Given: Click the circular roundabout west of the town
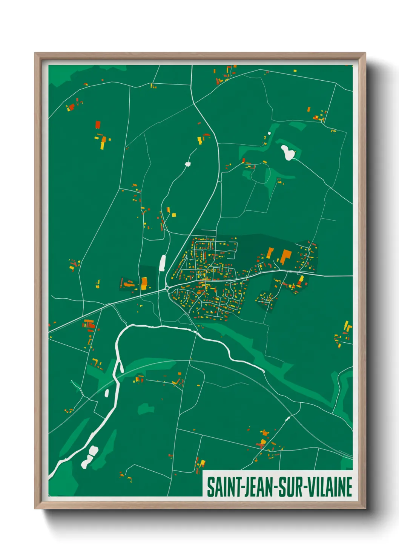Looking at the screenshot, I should pos(167,288).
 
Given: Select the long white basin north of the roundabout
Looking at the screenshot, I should pos(163,263).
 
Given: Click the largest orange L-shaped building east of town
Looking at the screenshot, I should pos(285,256).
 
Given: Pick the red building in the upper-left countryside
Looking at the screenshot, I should pos(98,125).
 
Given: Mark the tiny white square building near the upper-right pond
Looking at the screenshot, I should pos(269,133).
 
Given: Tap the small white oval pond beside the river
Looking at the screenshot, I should pos(107,393).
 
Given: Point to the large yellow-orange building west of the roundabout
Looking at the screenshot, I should pos(144,283).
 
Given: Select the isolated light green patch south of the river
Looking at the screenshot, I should pos(146,409).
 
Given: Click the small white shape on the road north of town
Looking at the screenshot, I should pos(188,164).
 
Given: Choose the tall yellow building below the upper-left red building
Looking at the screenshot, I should pos(102,145).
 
